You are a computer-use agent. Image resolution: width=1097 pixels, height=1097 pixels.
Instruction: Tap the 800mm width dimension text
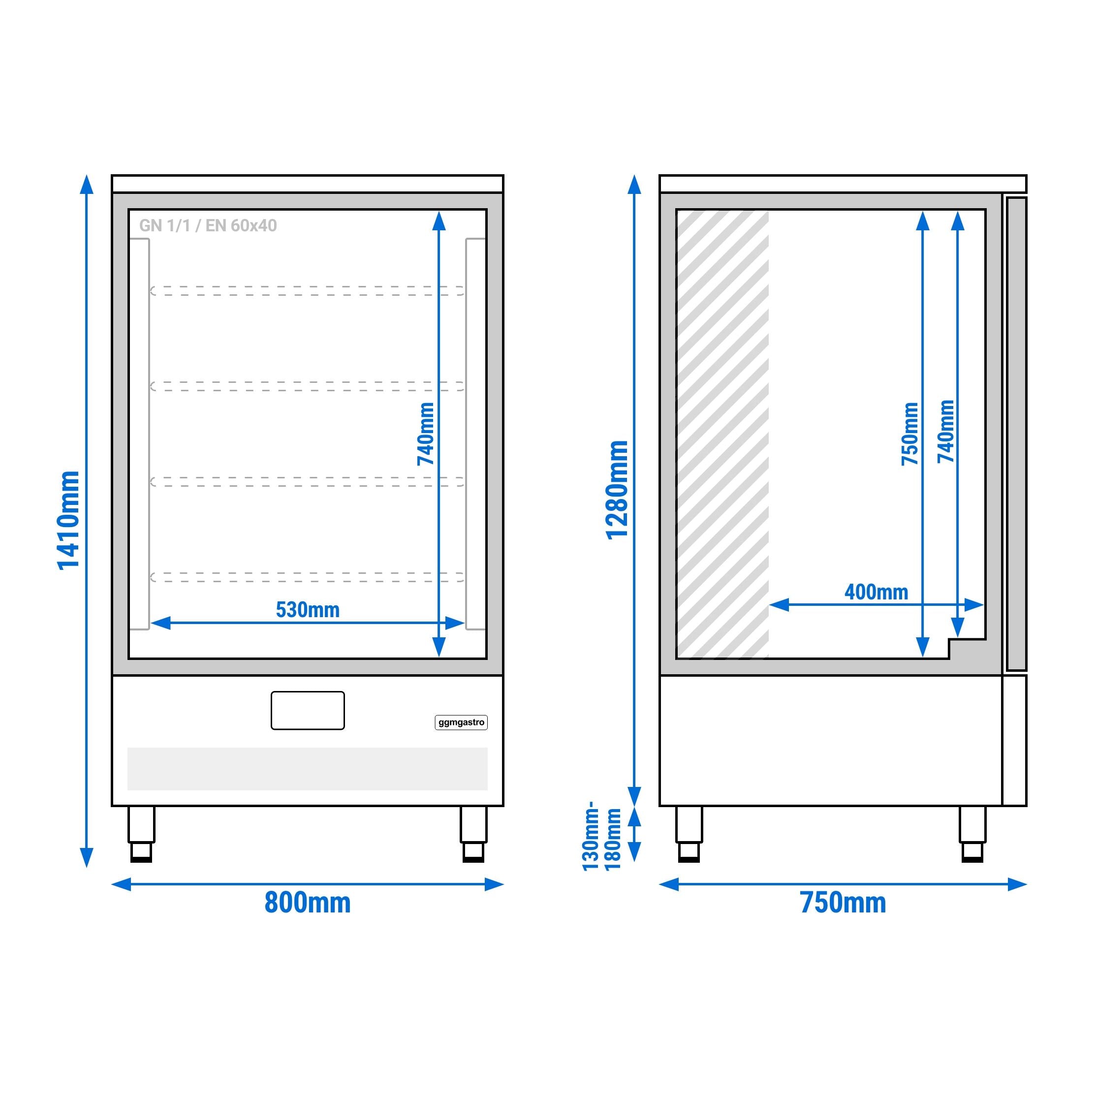tap(307, 902)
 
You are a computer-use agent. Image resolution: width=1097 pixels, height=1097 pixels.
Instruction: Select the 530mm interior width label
tap(307, 610)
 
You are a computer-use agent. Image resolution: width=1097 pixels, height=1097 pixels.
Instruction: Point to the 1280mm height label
tap(618, 490)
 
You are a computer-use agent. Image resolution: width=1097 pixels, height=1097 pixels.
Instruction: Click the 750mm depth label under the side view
tap(843, 902)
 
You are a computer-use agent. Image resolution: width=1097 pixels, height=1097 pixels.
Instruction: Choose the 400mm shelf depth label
tap(876, 592)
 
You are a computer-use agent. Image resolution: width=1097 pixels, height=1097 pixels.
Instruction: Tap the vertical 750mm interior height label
tap(909, 434)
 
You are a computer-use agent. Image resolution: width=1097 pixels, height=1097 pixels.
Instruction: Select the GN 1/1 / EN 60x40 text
tap(208, 225)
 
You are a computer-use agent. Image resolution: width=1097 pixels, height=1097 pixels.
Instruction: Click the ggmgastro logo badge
tap(461, 722)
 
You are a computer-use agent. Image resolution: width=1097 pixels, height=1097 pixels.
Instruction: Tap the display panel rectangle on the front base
tap(307, 710)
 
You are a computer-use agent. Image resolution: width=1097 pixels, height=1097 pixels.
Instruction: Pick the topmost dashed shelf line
tap(307, 291)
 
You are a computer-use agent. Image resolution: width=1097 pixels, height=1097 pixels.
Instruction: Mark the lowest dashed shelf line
tap(307, 577)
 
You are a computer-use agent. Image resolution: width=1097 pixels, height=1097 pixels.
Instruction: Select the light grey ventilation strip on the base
tap(307, 769)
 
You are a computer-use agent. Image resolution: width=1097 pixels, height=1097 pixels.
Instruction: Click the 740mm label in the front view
tap(426, 434)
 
